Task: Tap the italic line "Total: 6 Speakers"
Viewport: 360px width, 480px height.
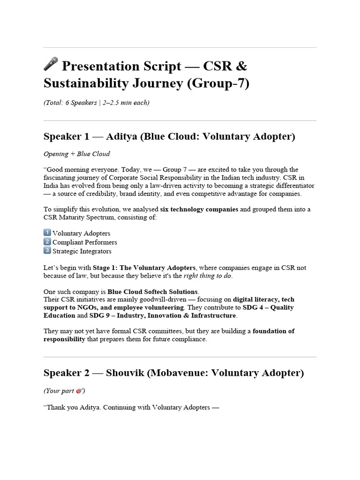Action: pos(97,103)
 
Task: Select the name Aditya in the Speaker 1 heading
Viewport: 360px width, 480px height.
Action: pos(122,137)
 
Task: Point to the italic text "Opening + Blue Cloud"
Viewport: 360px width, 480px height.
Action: pos(77,154)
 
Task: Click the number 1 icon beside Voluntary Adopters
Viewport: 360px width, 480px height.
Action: pos(47,233)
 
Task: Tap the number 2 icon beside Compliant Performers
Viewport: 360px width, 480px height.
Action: pos(47,242)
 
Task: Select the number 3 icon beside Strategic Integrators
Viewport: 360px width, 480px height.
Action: pos(47,251)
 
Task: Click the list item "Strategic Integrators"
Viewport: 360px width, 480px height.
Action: pos(82,251)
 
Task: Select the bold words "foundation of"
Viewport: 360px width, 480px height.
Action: pos(274,331)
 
